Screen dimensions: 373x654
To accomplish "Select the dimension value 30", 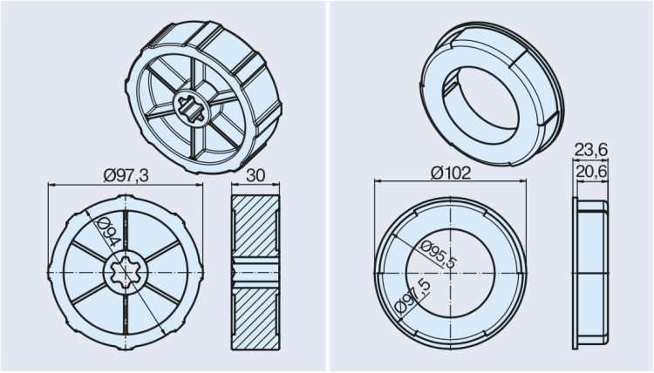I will (x=255, y=175).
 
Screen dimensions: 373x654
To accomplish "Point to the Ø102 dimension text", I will (x=451, y=173).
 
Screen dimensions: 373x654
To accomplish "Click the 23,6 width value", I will (x=591, y=151).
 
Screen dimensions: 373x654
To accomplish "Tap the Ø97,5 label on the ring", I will (x=414, y=295).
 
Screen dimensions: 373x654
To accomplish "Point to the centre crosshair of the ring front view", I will (x=451, y=273).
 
